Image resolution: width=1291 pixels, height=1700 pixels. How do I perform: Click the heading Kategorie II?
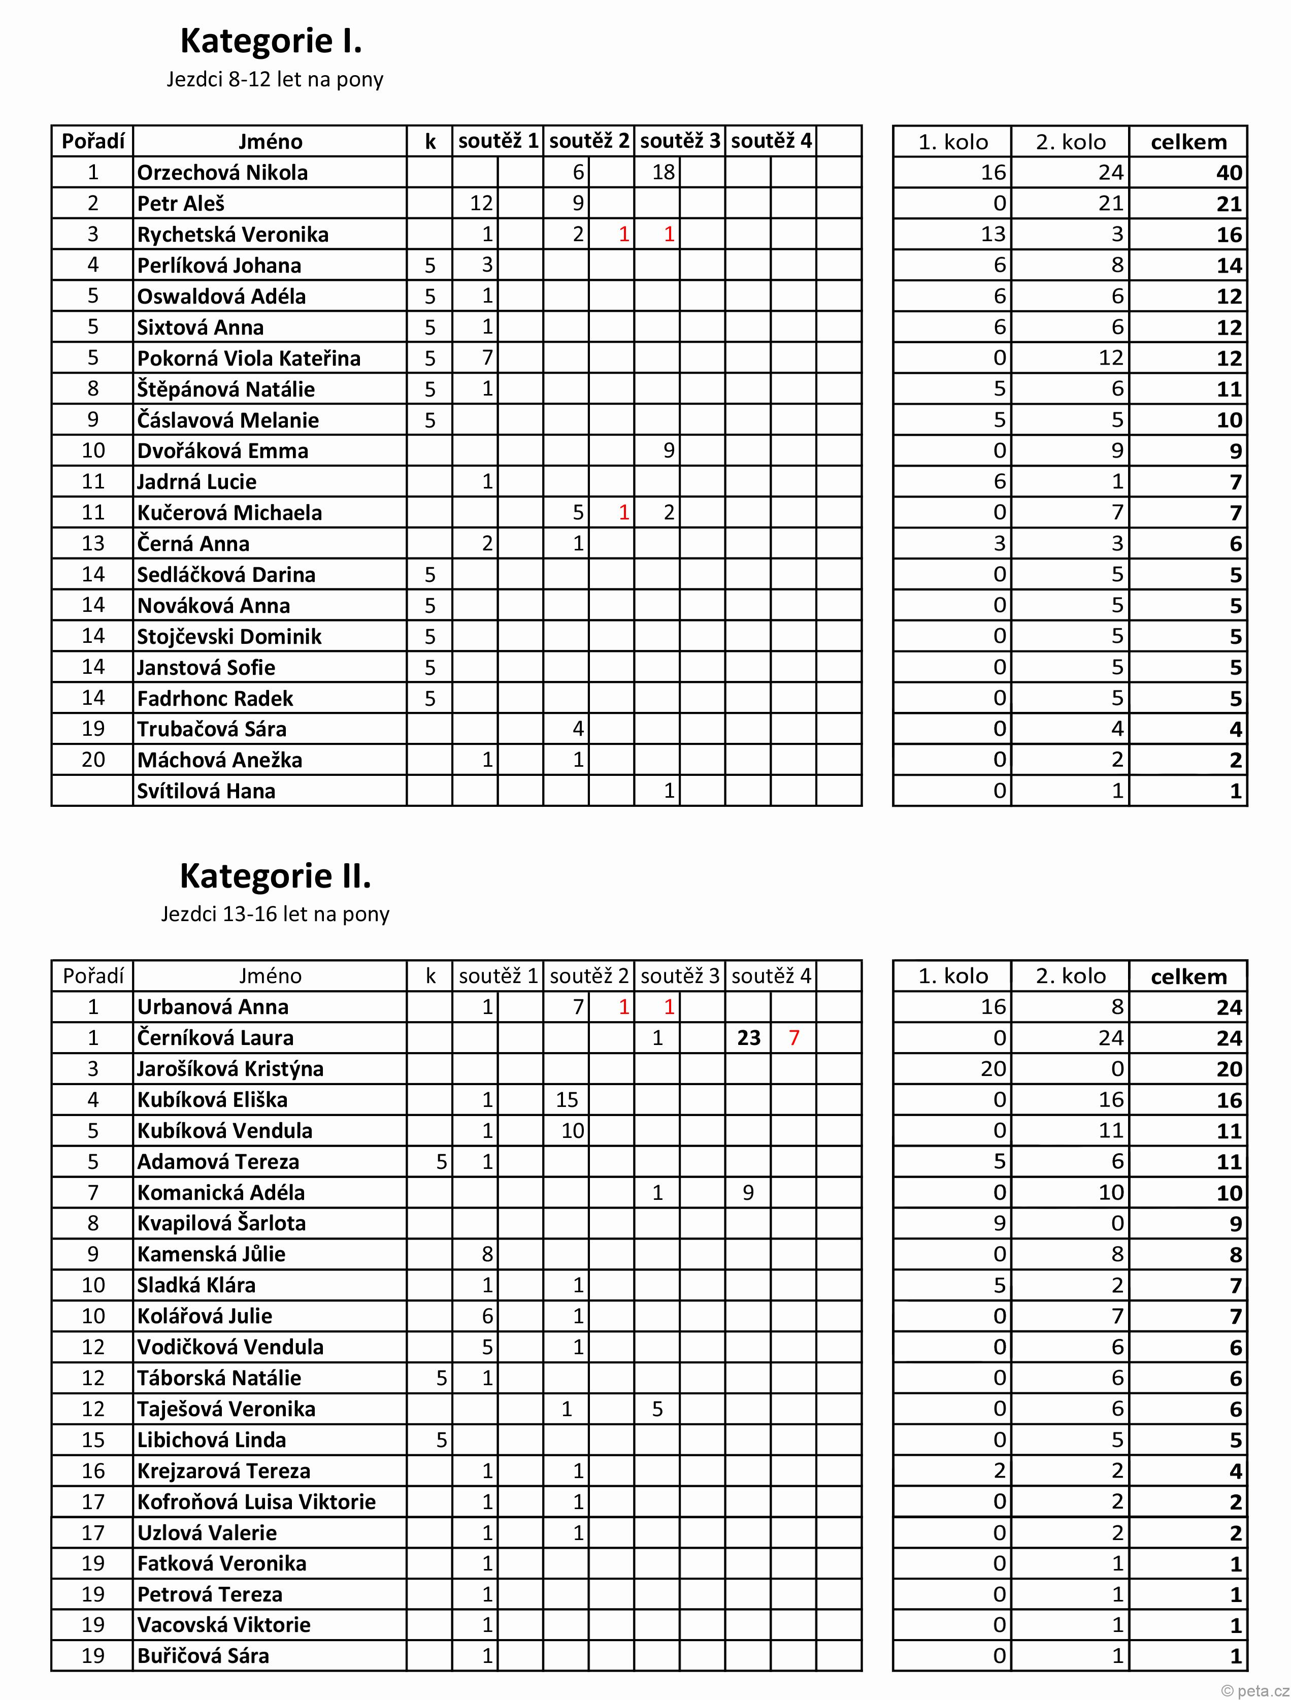(275, 875)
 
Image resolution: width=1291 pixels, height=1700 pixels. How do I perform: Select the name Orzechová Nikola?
(222, 172)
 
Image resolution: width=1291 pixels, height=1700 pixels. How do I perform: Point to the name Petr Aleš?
(181, 204)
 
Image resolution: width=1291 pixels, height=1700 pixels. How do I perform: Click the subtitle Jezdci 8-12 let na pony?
(274, 80)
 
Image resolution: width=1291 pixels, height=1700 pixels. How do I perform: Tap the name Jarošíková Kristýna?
(230, 1069)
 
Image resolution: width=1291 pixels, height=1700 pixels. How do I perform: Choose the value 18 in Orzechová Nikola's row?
(663, 172)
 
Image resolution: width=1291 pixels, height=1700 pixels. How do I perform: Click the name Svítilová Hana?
(206, 791)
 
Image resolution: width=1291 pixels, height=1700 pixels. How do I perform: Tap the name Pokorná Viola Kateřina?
(248, 358)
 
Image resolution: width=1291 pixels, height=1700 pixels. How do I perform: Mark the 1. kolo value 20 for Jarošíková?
(993, 1069)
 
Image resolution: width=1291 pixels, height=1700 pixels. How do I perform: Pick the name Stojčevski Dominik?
(229, 636)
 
